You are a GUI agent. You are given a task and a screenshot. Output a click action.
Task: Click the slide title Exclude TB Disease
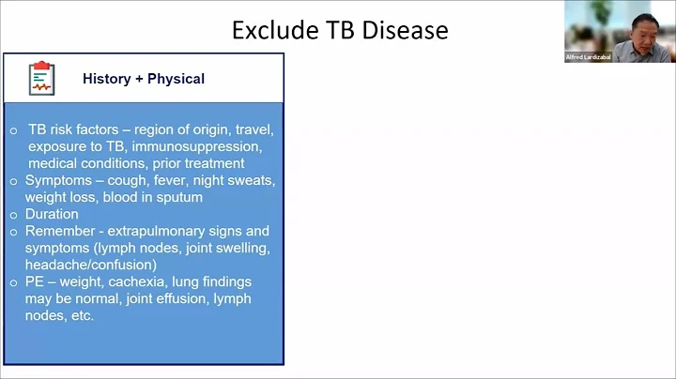click(x=340, y=30)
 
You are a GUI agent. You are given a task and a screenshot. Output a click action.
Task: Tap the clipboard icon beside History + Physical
click(x=41, y=78)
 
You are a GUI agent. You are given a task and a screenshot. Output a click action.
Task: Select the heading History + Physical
click(x=143, y=79)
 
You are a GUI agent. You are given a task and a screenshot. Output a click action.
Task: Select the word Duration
click(x=52, y=214)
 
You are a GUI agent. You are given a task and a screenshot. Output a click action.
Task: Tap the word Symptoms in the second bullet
click(x=58, y=180)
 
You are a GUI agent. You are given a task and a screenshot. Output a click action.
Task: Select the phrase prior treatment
click(x=201, y=163)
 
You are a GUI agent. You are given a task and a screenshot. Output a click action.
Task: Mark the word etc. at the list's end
click(x=81, y=315)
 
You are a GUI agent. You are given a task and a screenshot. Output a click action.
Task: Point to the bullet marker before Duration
click(x=13, y=214)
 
